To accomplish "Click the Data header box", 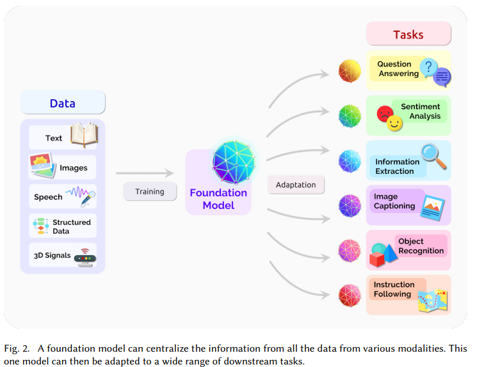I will click(63, 103).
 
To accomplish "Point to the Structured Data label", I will click(72, 226).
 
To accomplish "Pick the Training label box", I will click(150, 191).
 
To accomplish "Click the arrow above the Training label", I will click(145, 173).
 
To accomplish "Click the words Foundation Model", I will click(218, 199).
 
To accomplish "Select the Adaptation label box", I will click(296, 185).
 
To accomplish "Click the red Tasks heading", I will click(408, 34).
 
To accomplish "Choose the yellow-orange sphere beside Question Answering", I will click(350, 70).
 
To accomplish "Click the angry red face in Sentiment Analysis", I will click(385, 114).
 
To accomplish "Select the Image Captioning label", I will click(394, 201).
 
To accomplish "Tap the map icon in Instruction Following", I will click(432, 300).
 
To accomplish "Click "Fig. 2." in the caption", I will click(17, 348).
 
